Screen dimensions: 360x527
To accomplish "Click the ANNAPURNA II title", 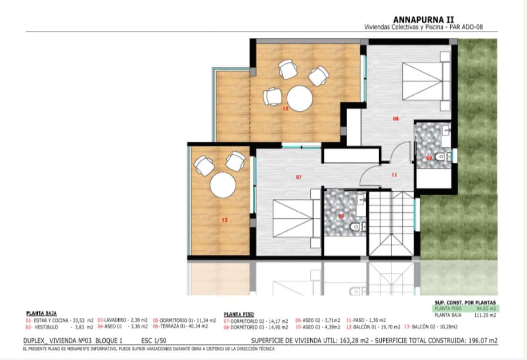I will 424,19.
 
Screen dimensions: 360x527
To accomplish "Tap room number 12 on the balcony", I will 285,108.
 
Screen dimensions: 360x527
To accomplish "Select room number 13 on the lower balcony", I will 225,220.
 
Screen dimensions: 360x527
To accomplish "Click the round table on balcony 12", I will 299,99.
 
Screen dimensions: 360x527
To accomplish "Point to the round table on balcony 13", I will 223,184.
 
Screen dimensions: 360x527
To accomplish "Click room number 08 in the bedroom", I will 396,119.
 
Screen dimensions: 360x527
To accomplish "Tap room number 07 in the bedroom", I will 299,177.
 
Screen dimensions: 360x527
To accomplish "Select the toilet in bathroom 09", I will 441,157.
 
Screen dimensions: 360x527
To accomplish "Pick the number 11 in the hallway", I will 394,175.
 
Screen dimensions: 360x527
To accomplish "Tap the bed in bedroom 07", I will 293,217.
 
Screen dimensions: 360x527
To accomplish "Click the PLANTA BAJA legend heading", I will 41,313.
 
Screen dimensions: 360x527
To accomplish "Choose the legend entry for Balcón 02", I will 425,327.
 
